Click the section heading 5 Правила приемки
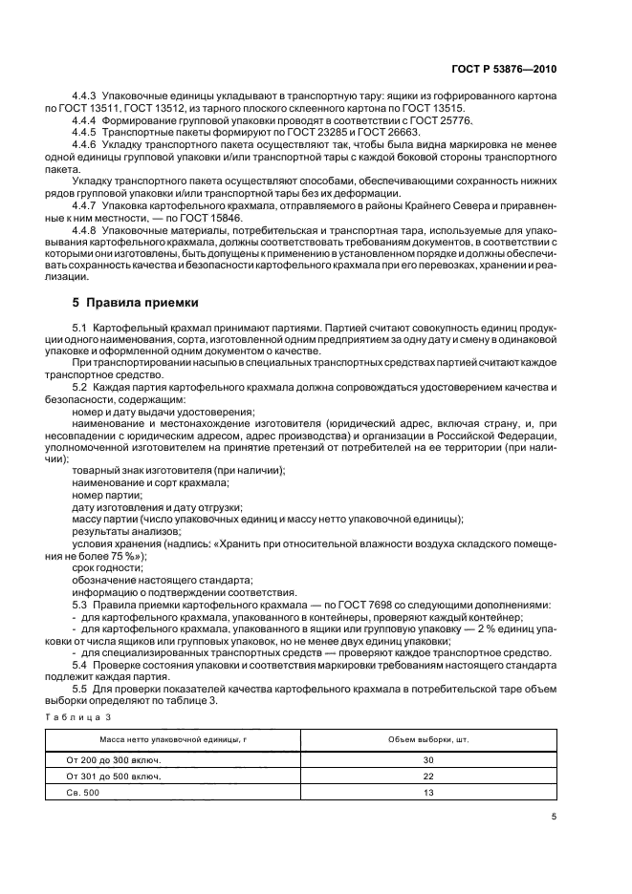(136, 304)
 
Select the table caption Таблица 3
(79, 715)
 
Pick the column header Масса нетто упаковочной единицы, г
(160, 740)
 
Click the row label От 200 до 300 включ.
(114, 759)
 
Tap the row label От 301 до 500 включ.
(114, 776)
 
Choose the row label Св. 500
(84, 792)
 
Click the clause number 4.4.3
(86, 97)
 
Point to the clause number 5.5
(80, 689)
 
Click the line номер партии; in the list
(107, 495)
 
